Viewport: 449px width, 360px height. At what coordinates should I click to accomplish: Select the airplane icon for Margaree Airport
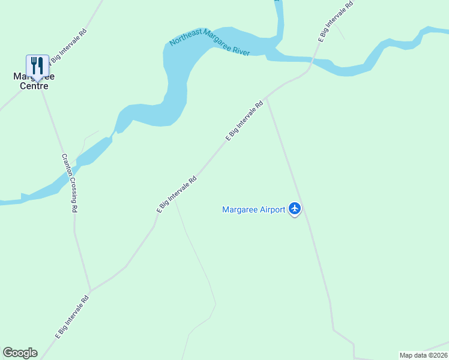coord(294,209)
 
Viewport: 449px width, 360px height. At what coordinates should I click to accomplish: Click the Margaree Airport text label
coord(253,209)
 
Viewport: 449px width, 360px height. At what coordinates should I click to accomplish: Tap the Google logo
coord(20,353)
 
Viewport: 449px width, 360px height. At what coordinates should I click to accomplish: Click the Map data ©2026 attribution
coord(424,355)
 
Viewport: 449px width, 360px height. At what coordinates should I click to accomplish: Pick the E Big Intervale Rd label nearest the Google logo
coord(72,316)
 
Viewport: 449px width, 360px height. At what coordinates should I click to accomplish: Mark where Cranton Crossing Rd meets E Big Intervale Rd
coord(90,290)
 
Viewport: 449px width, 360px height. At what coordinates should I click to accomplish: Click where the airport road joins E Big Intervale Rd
coord(267,99)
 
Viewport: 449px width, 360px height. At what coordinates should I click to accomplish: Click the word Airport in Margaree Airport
coord(270,209)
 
